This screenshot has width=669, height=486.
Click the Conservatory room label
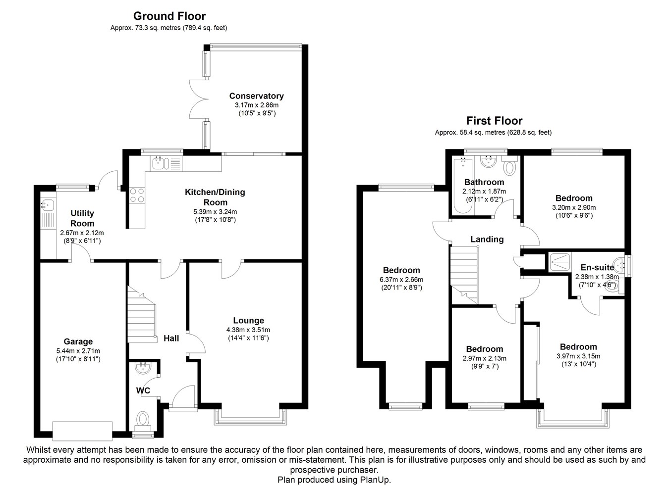tap(256, 96)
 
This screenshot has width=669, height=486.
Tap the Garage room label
tap(78, 341)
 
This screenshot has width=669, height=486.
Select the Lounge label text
tap(248, 321)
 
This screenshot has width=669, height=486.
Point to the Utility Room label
tap(82, 218)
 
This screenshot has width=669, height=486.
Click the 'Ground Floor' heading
tap(169, 17)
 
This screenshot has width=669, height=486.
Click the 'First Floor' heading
tap(494, 121)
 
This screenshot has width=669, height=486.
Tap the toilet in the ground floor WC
tap(143, 420)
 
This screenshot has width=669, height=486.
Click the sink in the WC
tap(143, 368)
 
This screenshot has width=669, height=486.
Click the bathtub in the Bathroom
tap(462, 186)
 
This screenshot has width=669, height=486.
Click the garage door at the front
tap(82, 430)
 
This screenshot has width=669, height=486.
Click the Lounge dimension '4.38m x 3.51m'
tap(248, 330)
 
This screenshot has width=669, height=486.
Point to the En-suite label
tap(597, 268)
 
